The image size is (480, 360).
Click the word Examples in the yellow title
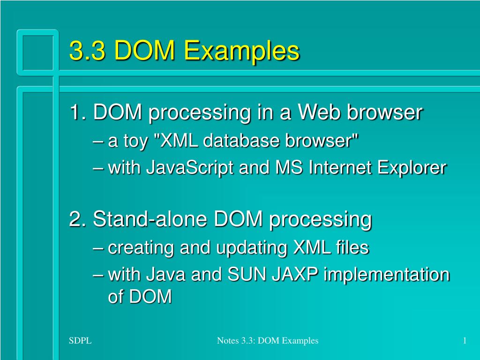[241, 51]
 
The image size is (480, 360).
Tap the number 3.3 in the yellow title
[87, 50]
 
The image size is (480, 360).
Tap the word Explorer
[412, 168]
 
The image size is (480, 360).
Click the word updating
[252, 247]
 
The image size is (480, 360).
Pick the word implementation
[387, 274]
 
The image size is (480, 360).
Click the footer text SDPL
[80, 340]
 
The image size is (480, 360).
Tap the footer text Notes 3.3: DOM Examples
[268, 340]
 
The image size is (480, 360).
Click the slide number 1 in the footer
[465, 340]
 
